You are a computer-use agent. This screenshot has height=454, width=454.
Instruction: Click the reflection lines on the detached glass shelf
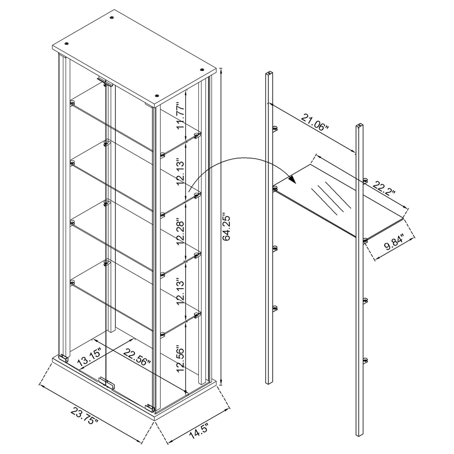pyautogui.click(x=330, y=198)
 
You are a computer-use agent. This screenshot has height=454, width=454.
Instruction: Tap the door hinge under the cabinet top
pyautogui.click(x=105, y=82)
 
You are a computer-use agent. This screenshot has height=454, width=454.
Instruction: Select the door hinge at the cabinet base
pyautogui.click(x=106, y=382)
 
